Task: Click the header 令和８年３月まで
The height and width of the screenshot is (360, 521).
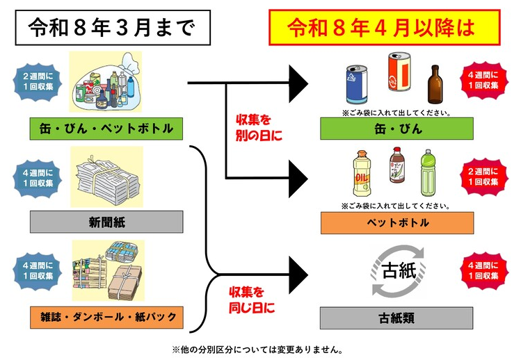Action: (113, 28)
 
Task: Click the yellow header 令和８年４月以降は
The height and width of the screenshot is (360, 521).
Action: (385, 27)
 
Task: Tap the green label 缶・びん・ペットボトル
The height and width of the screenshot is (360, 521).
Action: (106, 129)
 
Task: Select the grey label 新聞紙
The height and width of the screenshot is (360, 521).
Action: (106, 222)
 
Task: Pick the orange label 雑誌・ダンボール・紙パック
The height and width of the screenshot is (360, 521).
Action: (106, 317)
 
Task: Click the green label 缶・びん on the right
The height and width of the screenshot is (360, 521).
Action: (396, 129)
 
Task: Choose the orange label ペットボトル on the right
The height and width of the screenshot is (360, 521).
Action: (397, 223)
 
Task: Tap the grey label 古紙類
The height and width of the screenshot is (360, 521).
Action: (396, 318)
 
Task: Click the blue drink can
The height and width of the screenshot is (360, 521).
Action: (357, 85)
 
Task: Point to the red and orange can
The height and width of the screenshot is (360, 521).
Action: (399, 72)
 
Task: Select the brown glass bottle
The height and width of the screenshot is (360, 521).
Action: (435, 84)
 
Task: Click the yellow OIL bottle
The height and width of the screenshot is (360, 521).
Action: (362, 173)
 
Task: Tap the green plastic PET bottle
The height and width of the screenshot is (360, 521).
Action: (428, 173)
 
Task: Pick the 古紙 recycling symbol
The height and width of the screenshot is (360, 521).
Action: (399, 270)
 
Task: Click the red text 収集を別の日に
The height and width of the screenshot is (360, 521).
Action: (259, 128)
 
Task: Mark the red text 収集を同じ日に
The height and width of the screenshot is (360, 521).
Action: (252, 300)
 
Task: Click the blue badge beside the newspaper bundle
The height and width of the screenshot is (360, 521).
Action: (38, 179)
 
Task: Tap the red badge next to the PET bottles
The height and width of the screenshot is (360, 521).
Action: (483, 177)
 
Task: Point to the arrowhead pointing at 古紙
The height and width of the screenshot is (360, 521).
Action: (298, 275)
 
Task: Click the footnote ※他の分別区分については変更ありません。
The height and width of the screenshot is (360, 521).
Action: (258, 350)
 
